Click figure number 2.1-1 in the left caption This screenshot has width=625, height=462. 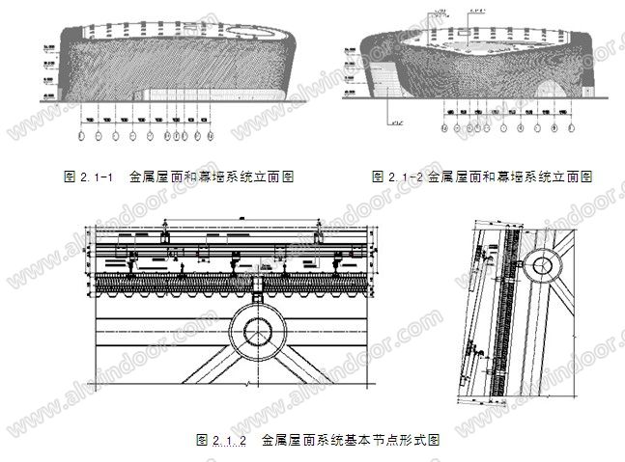(x=96, y=177)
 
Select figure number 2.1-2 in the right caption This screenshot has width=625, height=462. (x=405, y=177)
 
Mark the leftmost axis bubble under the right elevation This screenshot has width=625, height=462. (x=445, y=127)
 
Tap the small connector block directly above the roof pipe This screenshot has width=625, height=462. (x=258, y=285)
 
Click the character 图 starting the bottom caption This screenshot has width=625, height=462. (x=201, y=440)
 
